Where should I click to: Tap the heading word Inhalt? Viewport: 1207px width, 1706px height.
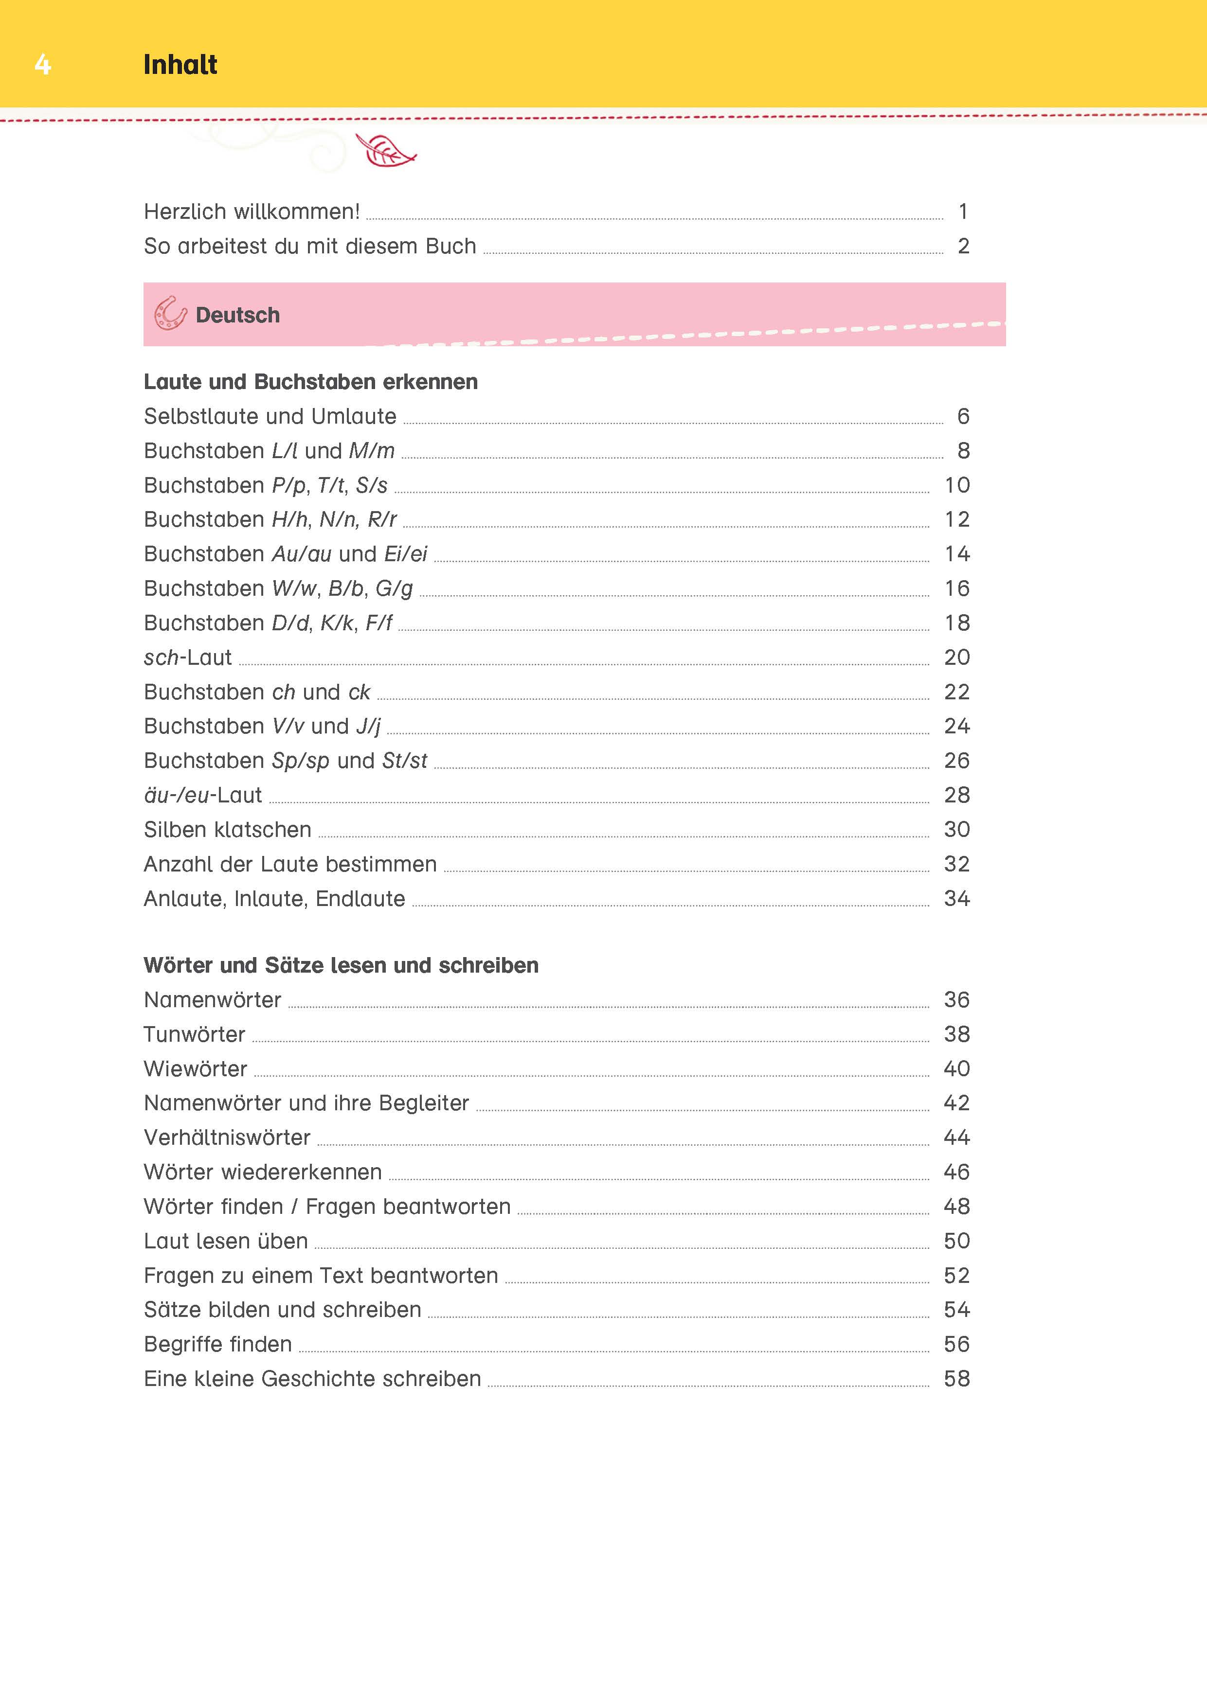(x=180, y=65)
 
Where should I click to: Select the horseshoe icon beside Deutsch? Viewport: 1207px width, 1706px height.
(x=170, y=314)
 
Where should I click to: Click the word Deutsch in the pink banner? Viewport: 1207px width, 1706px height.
(x=238, y=315)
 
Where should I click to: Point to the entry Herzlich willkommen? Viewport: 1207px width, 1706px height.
(x=252, y=212)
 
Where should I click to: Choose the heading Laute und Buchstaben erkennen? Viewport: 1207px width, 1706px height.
(x=311, y=382)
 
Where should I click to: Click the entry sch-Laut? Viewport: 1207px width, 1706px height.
(x=188, y=657)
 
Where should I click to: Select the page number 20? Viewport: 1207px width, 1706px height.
(x=956, y=657)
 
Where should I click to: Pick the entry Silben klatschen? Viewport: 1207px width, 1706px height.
(x=227, y=829)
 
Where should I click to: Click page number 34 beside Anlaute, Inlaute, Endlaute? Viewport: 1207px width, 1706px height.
(x=956, y=898)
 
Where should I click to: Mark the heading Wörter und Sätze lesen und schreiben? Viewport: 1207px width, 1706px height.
(x=341, y=965)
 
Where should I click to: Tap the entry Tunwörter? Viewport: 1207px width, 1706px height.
(x=195, y=1034)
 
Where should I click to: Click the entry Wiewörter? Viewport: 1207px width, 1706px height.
(x=196, y=1068)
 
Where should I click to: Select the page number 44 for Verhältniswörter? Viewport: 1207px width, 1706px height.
(x=956, y=1137)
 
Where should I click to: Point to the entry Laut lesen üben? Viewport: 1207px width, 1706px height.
(x=226, y=1241)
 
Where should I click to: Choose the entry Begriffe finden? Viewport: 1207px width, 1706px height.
(x=218, y=1344)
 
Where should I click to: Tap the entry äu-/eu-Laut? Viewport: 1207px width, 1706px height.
(x=203, y=795)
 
